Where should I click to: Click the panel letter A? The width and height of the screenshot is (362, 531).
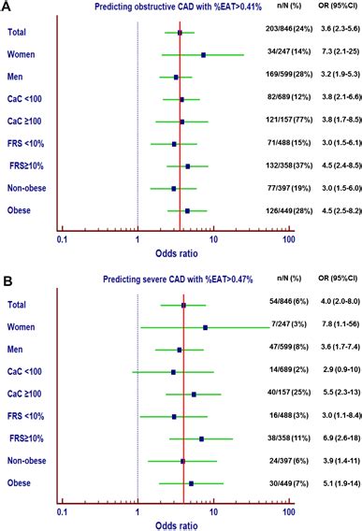7,8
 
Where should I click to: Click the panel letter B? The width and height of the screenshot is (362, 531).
7,280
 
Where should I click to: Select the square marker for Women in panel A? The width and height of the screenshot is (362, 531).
203,55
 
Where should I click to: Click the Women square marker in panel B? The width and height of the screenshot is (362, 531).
205,327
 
